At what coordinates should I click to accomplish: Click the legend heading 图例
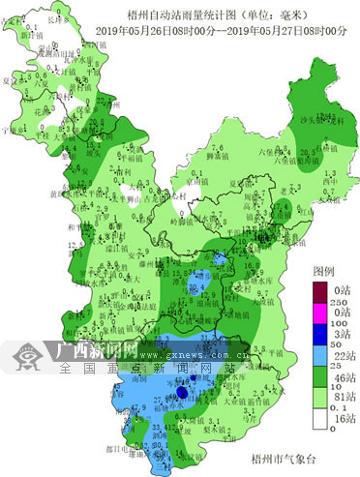[323, 273]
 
